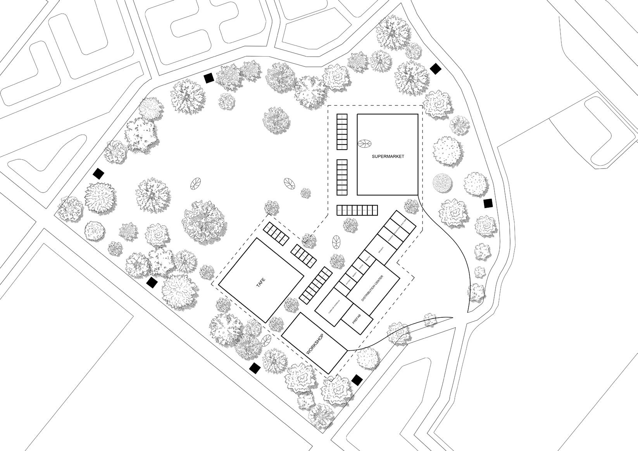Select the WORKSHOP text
point(315,345)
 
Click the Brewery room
point(381,250)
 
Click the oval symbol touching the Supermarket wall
point(364,144)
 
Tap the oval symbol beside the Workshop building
point(267,341)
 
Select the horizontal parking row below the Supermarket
point(357,210)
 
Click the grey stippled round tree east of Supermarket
point(442,182)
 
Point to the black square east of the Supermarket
point(488,203)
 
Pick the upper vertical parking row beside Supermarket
point(342,132)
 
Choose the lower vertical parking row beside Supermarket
point(342,177)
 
